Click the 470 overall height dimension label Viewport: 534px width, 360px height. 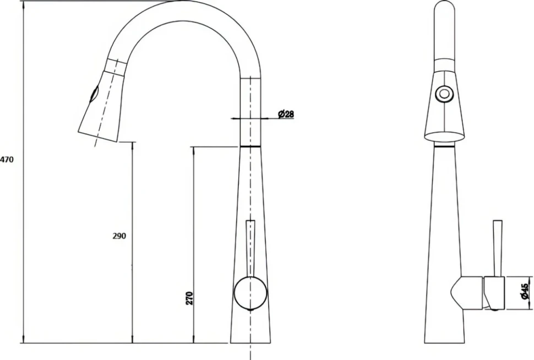pos(7,159)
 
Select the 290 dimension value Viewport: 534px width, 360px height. pos(119,236)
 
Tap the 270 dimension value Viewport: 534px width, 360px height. pos(190,298)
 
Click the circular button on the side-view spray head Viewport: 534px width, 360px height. pos(444,93)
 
